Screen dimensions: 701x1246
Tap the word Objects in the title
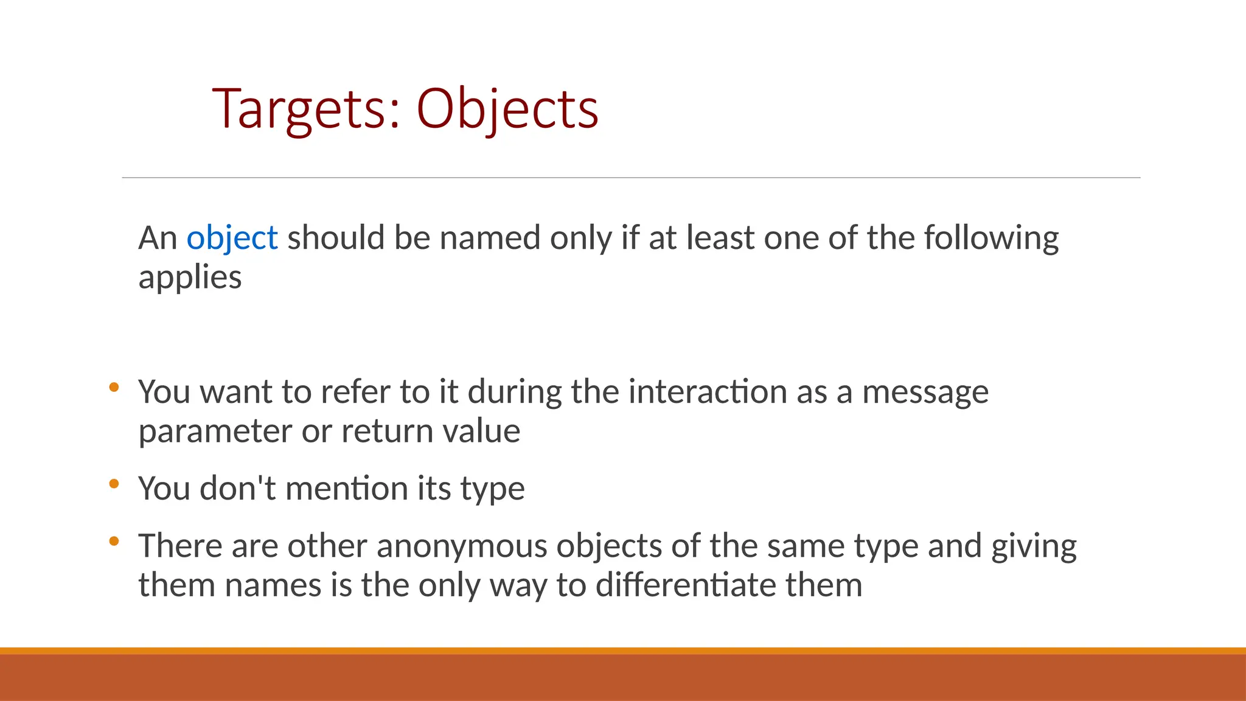[x=507, y=110]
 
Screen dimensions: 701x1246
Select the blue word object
[x=232, y=238]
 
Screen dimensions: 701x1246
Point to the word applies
[x=190, y=278]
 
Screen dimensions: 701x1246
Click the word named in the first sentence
[x=490, y=238]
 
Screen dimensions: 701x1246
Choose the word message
[x=925, y=392]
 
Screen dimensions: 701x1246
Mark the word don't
[x=237, y=488]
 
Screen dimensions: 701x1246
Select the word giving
[x=1034, y=546]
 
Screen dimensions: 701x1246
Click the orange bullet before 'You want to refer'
[x=114, y=387]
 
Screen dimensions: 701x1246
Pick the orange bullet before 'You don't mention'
[x=114, y=484]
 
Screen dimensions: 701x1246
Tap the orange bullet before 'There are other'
[x=114, y=541]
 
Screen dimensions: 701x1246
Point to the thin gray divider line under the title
[x=631, y=178]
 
